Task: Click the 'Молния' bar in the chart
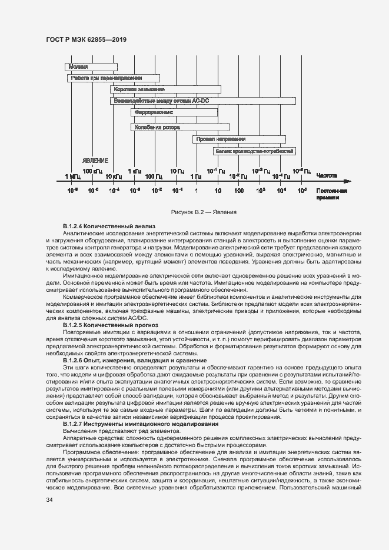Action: pos(91,67)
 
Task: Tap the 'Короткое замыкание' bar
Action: pos(165,89)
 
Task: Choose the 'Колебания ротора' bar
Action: pos(179,126)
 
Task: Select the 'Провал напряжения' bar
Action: pos(238,139)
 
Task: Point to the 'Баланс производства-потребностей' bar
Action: pos(254,151)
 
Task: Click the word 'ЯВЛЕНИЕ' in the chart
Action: pos(95,161)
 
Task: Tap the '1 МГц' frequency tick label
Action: pos(72,176)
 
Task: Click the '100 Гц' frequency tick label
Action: pos(154,176)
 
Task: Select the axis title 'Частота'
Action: pos(326,175)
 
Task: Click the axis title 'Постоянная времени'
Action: pos(331,195)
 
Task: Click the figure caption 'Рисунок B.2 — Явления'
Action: pos(195,212)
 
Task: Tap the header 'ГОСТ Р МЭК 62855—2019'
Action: pos(86,40)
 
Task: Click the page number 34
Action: pos(49,500)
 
